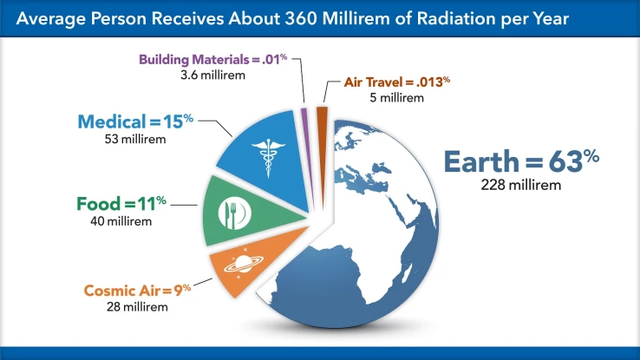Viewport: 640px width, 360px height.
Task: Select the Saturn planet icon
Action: pos(242,263)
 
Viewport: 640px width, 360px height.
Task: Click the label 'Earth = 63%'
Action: pos(521,161)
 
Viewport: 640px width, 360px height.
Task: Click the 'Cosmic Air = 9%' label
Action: pos(137,289)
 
